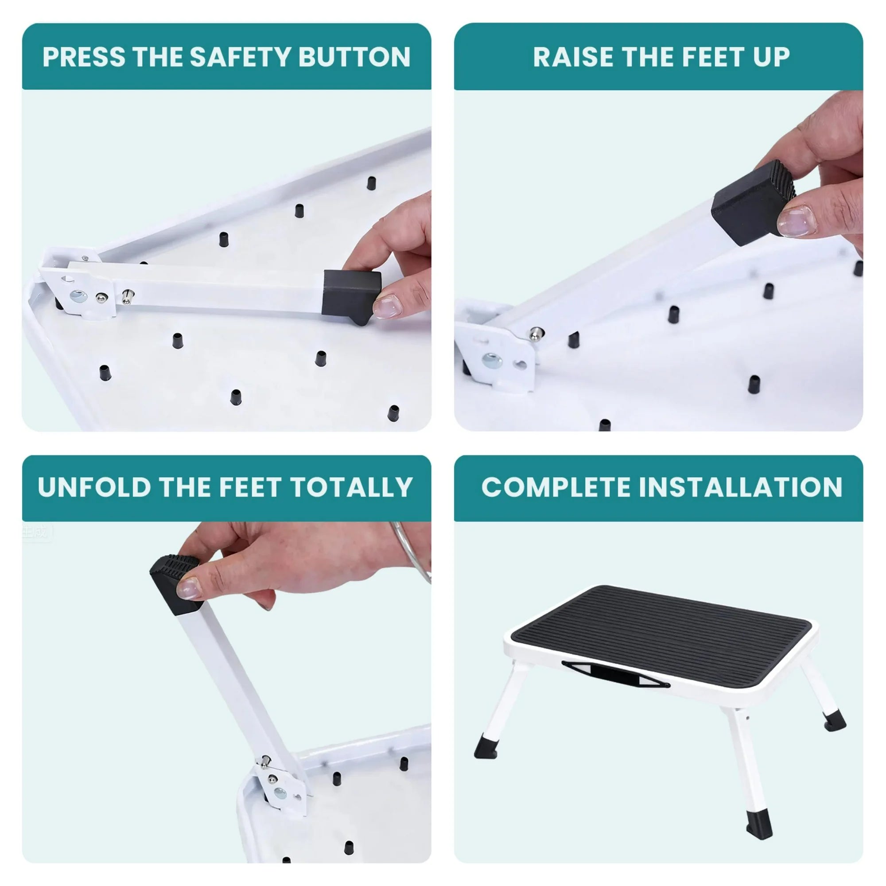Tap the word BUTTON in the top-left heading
tap(354, 57)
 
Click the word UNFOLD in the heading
tap(94, 487)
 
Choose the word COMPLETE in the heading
tap(556, 487)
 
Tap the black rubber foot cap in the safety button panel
tap(351, 294)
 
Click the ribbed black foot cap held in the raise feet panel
tap(752, 202)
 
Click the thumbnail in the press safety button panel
tap(388, 306)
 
